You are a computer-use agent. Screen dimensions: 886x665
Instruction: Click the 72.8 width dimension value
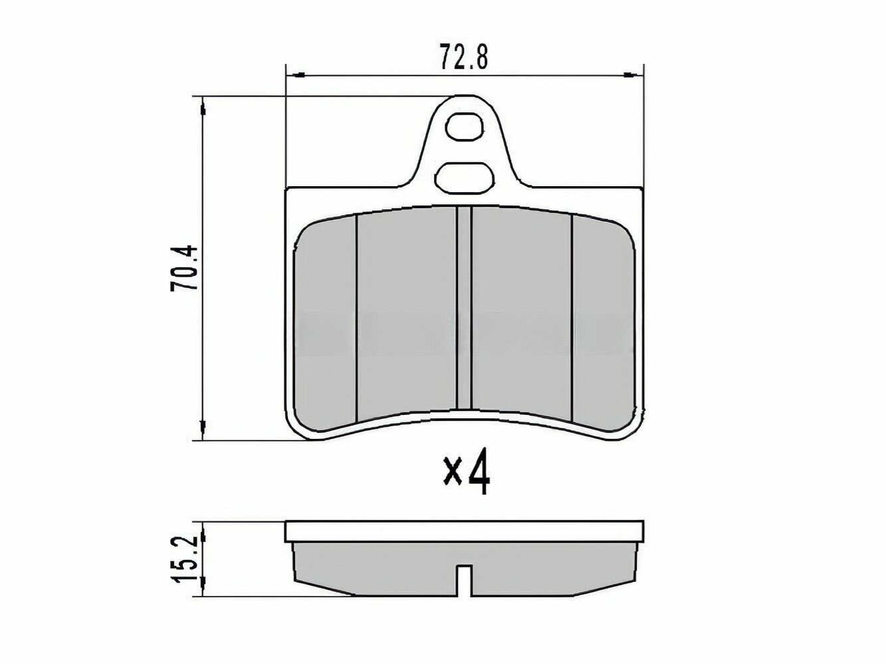click(464, 58)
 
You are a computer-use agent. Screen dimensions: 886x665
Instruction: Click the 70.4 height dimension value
click(184, 267)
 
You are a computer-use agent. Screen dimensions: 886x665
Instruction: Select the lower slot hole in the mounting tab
click(464, 177)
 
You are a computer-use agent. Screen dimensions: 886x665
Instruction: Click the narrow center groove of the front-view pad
click(464, 308)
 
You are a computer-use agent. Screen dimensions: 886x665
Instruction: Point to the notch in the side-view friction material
click(465, 581)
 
